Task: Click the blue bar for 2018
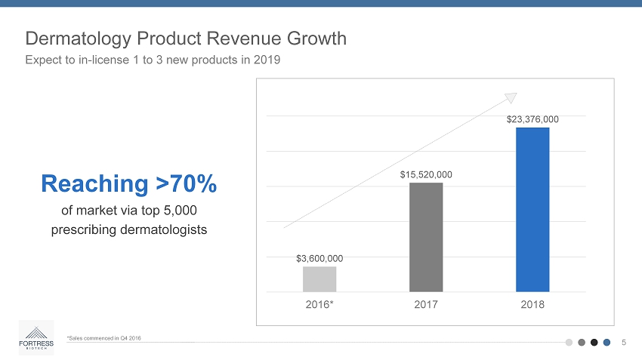click(x=532, y=209)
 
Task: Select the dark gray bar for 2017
click(x=426, y=237)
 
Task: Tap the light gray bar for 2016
click(x=319, y=278)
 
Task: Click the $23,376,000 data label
click(x=532, y=118)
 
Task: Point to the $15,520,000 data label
click(x=426, y=174)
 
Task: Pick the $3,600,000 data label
click(x=319, y=258)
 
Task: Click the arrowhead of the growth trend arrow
click(x=511, y=97)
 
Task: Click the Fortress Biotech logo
click(x=36, y=337)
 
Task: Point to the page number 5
click(x=624, y=342)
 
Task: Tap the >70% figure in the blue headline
click(x=186, y=183)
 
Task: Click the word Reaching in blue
click(x=94, y=183)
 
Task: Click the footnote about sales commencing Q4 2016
click(x=103, y=337)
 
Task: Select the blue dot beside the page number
click(x=607, y=342)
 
